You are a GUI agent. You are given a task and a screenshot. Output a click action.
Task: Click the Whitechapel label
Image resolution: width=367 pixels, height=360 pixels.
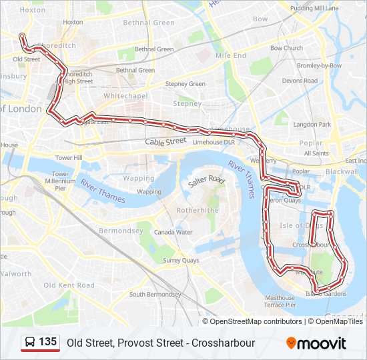coord(125,96)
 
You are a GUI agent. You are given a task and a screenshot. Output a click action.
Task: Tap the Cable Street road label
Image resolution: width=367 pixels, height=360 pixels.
coord(165,142)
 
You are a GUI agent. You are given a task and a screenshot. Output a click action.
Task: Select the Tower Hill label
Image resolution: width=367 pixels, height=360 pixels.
coord(69,158)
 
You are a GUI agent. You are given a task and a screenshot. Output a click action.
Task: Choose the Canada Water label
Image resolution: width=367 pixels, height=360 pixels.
coord(173,233)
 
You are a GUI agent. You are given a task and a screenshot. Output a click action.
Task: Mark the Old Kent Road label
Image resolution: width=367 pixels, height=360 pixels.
coord(69,285)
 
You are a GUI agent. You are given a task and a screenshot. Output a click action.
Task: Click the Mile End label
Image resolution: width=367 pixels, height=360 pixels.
coord(231,55)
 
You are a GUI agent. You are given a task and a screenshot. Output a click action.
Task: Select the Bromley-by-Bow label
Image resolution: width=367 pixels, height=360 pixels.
coord(319,66)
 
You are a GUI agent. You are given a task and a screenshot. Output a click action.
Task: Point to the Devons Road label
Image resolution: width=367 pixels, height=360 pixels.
coord(300,81)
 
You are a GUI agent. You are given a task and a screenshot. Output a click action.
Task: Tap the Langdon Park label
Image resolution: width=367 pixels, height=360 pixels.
coord(312,125)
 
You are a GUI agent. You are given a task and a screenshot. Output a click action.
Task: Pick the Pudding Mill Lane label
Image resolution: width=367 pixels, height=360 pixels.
coord(315,8)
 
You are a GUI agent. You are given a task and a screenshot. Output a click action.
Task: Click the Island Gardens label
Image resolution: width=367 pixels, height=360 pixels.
coord(326,294)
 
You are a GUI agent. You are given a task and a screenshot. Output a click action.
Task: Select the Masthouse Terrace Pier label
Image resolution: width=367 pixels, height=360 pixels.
coord(280,301)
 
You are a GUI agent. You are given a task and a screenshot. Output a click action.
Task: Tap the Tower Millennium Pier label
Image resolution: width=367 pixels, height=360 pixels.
coord(61,181)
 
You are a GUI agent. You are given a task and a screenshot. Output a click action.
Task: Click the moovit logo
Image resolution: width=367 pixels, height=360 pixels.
coord(316,343)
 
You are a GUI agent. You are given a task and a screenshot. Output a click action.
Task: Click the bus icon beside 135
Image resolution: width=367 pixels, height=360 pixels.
coord(30,343)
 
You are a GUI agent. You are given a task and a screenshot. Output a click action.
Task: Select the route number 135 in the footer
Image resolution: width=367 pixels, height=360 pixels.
coord(47,342)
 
